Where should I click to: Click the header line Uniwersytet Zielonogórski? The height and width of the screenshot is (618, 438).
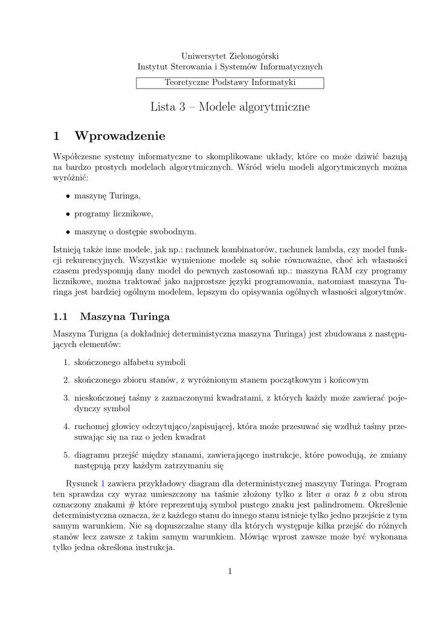[x=230, y=56]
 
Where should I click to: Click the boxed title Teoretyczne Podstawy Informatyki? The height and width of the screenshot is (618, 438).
[x=230, y=83]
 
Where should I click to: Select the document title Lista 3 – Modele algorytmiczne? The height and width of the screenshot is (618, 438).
[x=230, y=107]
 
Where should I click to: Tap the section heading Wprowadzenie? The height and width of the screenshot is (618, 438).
[x=119, y=135]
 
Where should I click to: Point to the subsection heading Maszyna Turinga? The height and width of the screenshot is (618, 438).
[x=124, y=316]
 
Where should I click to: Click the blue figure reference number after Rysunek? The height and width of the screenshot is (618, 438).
[x=102, y=483]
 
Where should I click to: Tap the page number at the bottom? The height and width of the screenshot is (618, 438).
[x=230, y=571]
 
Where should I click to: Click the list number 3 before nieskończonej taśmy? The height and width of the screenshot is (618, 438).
[x=66, y=398]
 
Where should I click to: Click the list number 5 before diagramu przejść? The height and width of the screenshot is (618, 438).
[x=66, y=454]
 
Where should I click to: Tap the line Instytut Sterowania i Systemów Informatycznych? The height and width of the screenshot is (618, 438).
[x=230, y=67]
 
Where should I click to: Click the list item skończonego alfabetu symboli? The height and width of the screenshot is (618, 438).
[x=129, y=362]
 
